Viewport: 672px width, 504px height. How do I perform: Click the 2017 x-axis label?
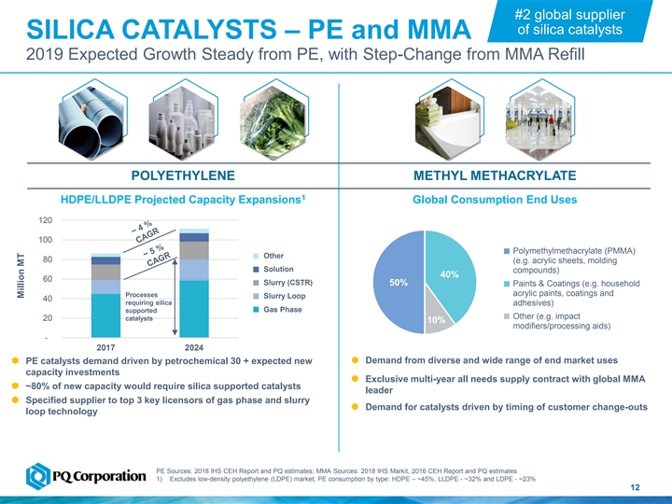[105, 348]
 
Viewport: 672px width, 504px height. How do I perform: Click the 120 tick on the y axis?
[44, 220]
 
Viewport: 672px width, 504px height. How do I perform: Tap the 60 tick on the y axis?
[47, 279]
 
